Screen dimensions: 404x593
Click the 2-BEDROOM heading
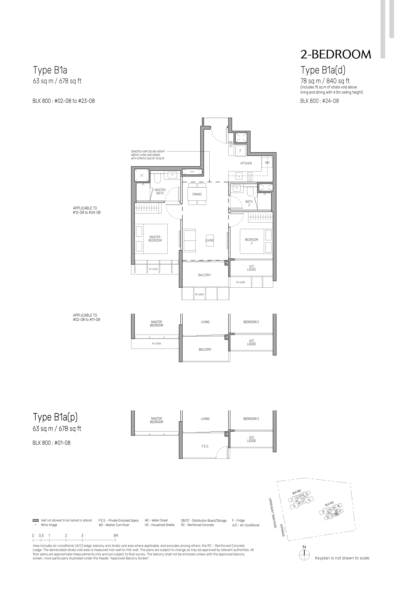[336, 54]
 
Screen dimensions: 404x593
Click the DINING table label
[197, 194]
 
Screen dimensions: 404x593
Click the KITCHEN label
[246, 163]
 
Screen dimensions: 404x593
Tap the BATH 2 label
[249, 203]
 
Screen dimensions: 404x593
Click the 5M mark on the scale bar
[116, 536]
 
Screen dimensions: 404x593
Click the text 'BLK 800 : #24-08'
[319, 101]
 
